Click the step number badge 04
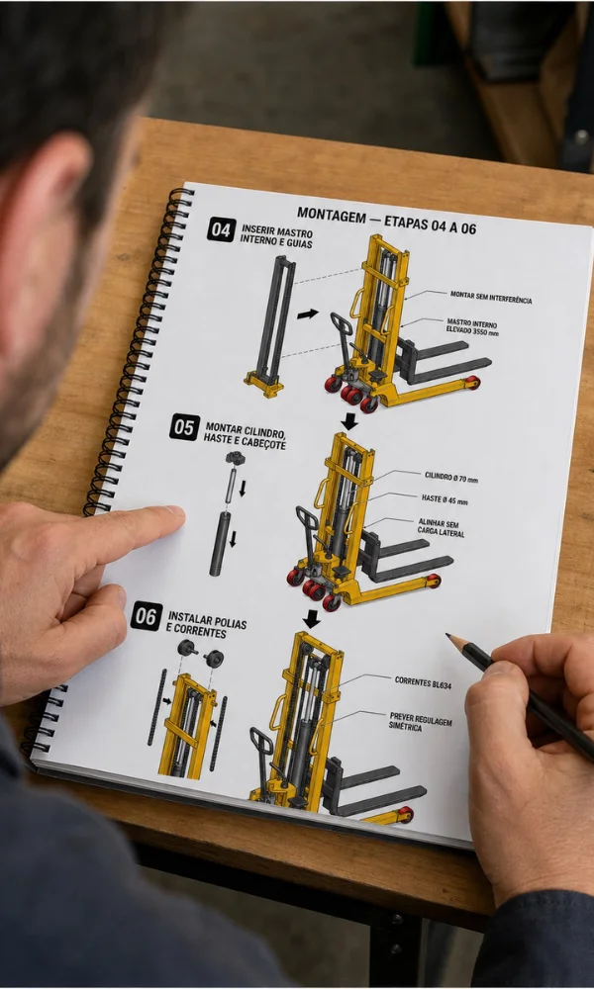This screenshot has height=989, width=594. [221, 229]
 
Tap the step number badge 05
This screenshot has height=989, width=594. [184, 427]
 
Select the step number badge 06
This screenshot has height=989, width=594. [146, 615]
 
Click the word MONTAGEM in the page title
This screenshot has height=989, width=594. [332, 216]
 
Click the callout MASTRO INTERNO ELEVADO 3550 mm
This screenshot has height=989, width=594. [472, 326]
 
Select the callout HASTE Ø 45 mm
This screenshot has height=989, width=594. [445, 499]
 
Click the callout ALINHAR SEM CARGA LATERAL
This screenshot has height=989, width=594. [441, 528]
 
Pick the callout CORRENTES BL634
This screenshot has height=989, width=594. [423, 681]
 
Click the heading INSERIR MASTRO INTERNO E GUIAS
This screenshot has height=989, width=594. [276, 236]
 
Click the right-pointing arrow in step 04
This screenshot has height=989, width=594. [308, 314]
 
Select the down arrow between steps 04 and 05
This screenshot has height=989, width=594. [349, 420]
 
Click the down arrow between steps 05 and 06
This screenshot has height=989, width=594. [311, 619]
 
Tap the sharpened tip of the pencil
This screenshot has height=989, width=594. [447, 635]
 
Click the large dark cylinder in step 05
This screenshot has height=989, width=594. [220, 543]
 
